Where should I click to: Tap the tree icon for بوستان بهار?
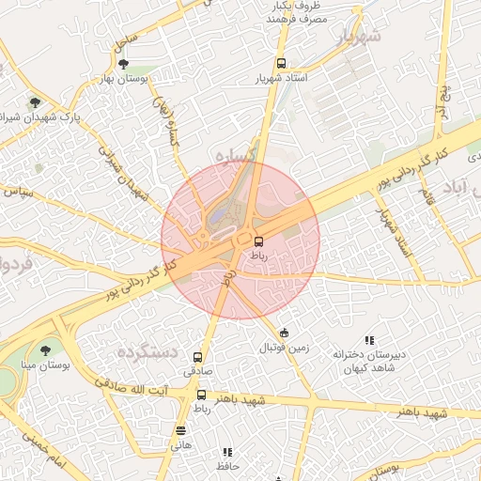tap(124, 63)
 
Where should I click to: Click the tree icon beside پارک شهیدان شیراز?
tap(36, 102)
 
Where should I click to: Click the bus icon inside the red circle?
tap(259, 240)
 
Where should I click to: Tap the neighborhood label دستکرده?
tap(147, 351)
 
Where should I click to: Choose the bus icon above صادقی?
tap(197, 357)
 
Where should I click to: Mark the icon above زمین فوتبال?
tap(284, 333)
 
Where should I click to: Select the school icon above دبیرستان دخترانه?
tap(369, 340)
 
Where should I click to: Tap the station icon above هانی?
tap(179, 431)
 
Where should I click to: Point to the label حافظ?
tap(228, 466)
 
